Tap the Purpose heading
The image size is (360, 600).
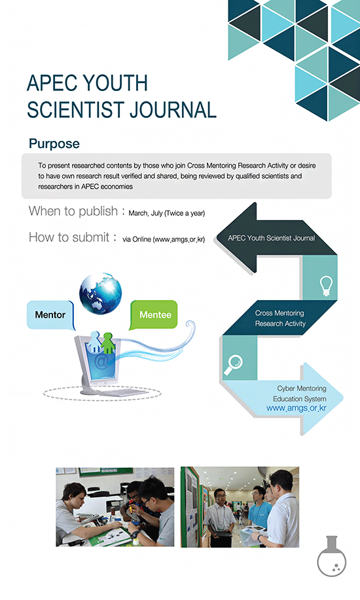54,143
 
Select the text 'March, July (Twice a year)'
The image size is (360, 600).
166,213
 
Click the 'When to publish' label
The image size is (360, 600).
73,211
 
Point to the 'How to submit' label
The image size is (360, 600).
69,237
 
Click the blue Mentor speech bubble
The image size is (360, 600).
50,315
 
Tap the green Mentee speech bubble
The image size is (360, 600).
154,314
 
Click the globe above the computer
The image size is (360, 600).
100,293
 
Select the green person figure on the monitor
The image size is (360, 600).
108,343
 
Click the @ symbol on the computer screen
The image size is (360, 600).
101,362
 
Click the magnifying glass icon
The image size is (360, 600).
233,365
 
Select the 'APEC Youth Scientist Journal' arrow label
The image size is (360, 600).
271,238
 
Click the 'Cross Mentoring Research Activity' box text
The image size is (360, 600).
280,318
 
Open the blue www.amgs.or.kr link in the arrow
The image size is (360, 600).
297,408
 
